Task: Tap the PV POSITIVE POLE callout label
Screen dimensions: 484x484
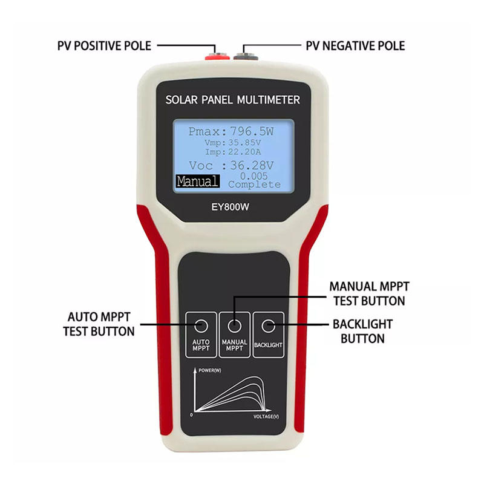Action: point(104,46)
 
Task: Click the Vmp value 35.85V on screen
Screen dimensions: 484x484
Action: point(249,143)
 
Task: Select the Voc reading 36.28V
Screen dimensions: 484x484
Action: point(252,165)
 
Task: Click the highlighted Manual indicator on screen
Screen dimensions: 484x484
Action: point(197,181)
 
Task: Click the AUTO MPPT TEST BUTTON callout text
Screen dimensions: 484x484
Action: point(99,324)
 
